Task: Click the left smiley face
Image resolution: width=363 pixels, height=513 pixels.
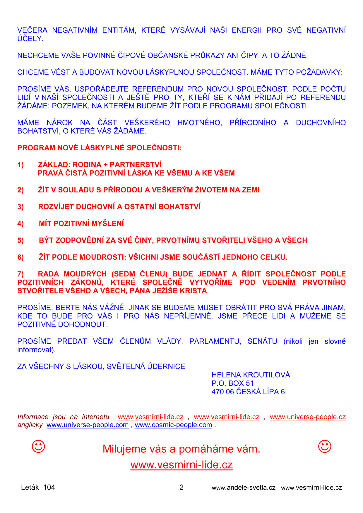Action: pyautogui.click(x=38, y=446)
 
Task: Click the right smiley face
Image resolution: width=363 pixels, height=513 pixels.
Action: pyautogui.click(x=324, y=446)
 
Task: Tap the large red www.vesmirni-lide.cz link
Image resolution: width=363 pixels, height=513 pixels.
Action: pyautogui.click(x=181, y=465)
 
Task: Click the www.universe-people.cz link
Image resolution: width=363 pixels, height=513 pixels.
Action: pyautogui.click(x=308, y=417)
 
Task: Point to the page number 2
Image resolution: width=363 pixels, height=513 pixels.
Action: pyautogui.click(x=181, y=487)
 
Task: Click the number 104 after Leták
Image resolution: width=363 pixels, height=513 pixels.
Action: pyautogui.click(x=49, y=487)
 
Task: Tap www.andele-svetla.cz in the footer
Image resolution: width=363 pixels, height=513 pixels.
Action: pyautogui.click(x=244, y=488)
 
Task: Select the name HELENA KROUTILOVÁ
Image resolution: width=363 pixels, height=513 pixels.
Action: pyautogui.click(x=251, y=375)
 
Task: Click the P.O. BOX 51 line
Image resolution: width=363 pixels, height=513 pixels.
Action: pyautogui.click(x=232, y=383)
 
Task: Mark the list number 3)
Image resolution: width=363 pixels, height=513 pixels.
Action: pyautogui.click(x=20, y=207)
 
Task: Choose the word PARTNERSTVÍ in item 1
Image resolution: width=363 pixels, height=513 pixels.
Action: pyautogui.click(x=136, y=165)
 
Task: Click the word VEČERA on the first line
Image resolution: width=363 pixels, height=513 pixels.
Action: pyautogui.click(x=32, y=30)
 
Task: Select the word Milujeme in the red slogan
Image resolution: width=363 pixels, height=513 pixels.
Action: pyautogui.click(x=124, y=449)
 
